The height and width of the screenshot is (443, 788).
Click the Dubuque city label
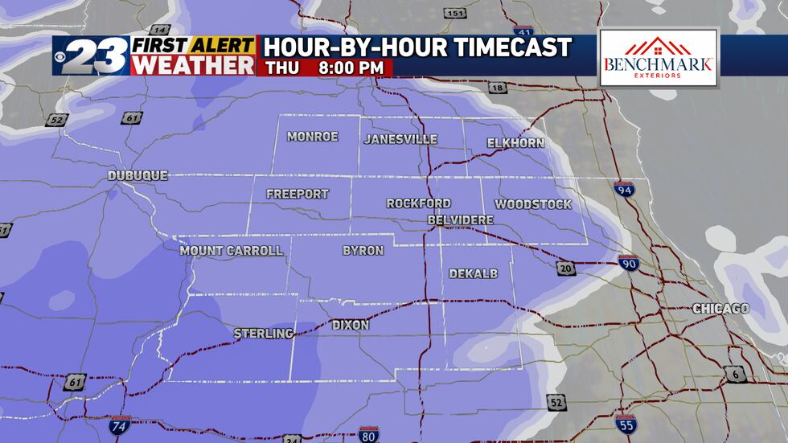(x=138, y=175)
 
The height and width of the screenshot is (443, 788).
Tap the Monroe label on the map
(x=313, y=137)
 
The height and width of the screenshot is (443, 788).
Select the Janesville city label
(x=400, y=139)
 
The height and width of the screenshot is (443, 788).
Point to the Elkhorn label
(x=515, y=143)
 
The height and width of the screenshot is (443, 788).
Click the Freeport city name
(x=298, y=194)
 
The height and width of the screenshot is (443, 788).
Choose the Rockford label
(x=419, y=203)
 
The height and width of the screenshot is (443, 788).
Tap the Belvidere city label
(x=461, y=219)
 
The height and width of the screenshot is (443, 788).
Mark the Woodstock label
(x=533, y=204)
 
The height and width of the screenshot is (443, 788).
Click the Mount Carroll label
(x=232, y=251)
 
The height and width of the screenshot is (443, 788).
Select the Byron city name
(x=363, y=251)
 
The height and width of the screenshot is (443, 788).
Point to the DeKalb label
(x=474, y=273)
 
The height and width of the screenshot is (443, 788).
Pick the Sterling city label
(x=263, y=333)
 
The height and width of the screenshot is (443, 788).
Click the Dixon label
(x=351, y=325)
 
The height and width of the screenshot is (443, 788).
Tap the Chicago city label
(x=721, y=309)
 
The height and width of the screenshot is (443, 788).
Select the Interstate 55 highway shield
(x=625, y=424)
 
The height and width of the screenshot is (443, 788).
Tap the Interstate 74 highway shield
(x=119, y=425)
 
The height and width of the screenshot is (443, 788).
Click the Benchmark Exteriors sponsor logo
(x=659, y=58)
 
